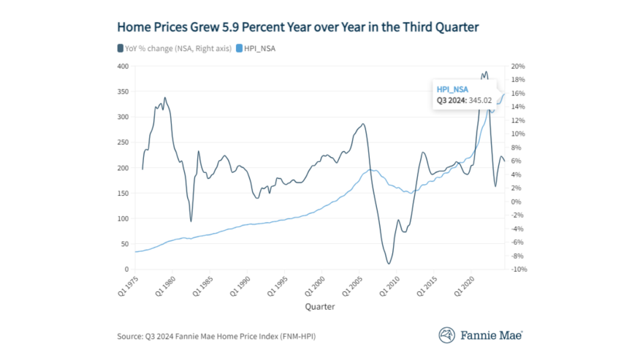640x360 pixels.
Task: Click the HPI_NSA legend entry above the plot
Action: coord(261,48)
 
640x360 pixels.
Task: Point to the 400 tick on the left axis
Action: coord(122,66)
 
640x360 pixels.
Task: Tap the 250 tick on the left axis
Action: coord(122,142)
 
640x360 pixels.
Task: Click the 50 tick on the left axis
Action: coord(124,244)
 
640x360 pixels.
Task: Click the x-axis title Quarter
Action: coord(320,307)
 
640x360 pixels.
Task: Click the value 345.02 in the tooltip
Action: coord(485,99)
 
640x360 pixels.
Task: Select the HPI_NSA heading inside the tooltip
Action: coord(452,89)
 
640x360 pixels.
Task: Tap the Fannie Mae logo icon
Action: coord(447,334)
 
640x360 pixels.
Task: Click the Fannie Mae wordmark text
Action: coord(491,335)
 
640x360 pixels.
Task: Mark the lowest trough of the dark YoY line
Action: coord(389,264)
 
